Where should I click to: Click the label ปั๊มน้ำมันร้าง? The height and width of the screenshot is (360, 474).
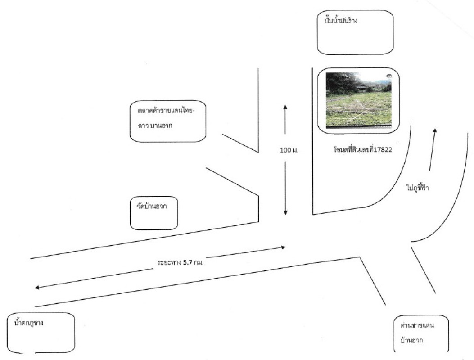(341, 21)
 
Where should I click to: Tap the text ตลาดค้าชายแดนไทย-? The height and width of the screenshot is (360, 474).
(166, 111)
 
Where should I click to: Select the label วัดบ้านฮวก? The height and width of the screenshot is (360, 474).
(151, 207)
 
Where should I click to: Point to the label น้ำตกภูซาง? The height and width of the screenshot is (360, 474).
(29, 323)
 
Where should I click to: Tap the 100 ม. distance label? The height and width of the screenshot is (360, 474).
(289, 150)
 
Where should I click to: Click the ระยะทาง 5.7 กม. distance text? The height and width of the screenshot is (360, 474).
(181, 262)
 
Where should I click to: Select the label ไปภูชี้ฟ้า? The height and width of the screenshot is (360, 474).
(418, 188)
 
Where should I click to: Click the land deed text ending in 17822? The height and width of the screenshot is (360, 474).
(363, 149)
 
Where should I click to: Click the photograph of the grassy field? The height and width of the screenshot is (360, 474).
(358, 100)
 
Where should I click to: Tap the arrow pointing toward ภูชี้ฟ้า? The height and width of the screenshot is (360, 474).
(432, 149)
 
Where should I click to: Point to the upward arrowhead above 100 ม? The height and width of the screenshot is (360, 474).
(285, 107)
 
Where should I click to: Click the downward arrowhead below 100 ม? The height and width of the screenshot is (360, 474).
(285, 212)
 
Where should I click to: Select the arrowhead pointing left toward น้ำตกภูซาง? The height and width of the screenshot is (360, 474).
(37, 287)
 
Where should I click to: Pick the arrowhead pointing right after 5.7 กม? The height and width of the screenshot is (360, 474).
(283, 247)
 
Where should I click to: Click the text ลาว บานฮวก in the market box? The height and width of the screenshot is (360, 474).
(155, 126)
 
